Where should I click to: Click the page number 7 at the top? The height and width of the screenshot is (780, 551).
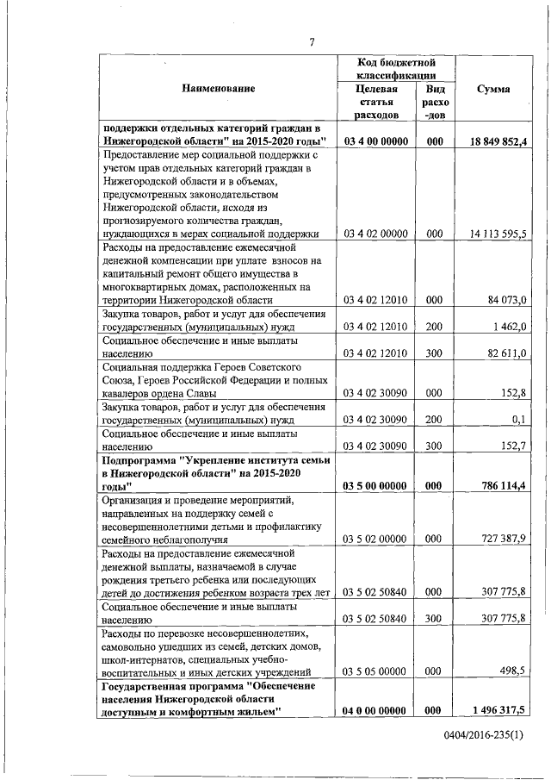(x=313, y=42)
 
